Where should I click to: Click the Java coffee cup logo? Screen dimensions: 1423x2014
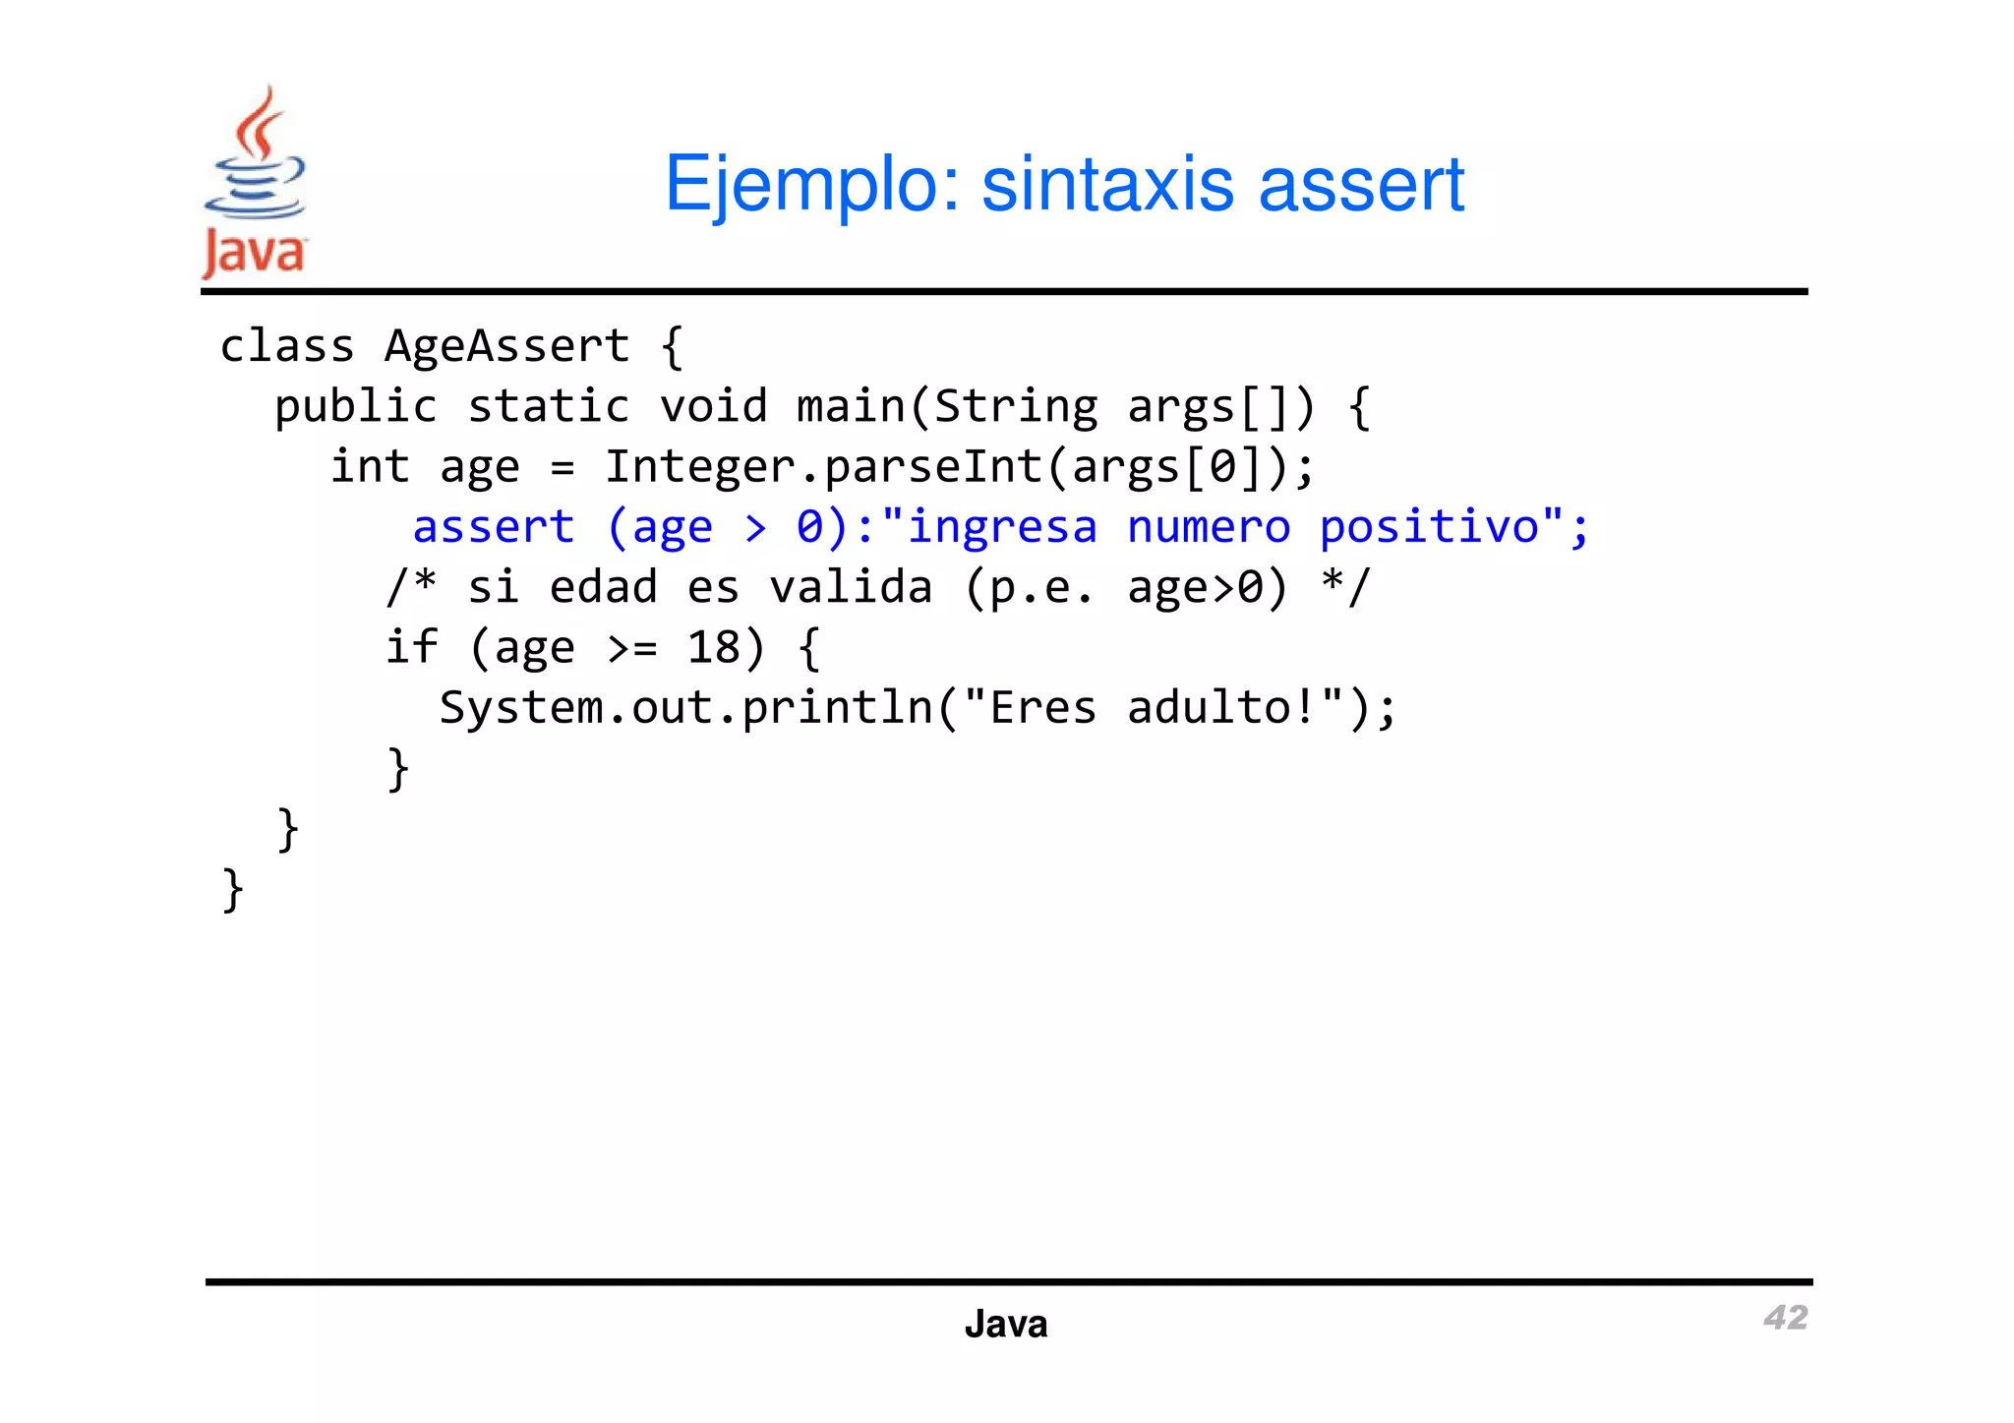pos(255,182)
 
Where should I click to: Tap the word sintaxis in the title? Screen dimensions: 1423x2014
pos(1107,184)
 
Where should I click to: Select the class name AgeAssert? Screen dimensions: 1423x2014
pos(506,346)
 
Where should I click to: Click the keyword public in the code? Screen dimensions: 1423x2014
pos(355,407)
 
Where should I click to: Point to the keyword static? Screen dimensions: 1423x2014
pos(548,407)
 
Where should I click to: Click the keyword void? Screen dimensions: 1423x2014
pos(713,407)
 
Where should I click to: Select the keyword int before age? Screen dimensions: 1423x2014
pos(370,467)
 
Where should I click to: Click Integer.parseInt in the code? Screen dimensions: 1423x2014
pos(823,467)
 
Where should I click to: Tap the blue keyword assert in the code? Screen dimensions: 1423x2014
pos(493,527)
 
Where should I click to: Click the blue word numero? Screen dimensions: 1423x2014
pos(1208,527)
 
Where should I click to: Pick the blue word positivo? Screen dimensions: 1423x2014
pos(1429,527)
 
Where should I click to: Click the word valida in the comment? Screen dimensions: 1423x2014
pos(851,588)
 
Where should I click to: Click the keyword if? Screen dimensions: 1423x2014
pos(411,648)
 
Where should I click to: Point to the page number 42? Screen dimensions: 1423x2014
pos(1785,1318)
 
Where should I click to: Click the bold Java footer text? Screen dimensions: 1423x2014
pos(1006,1325)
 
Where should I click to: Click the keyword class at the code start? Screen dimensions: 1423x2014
pos(286,346)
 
